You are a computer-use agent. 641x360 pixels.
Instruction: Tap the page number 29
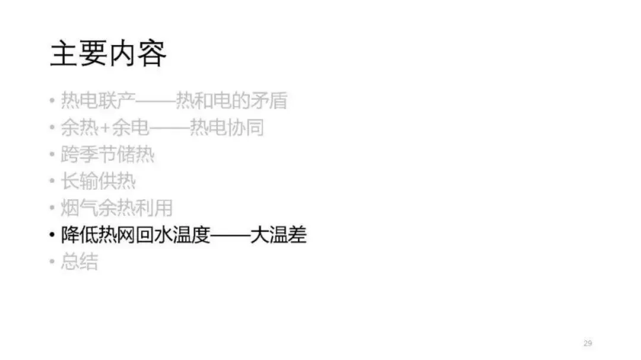point(588,343)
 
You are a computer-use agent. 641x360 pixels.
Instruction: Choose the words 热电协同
point(226,128)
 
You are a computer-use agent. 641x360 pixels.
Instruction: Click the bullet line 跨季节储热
point(107,155)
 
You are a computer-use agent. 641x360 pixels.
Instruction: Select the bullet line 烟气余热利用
point(117,208)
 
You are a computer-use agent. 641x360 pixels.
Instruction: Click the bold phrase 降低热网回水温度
point(136,235)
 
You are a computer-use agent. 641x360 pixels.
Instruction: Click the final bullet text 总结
point(80,262)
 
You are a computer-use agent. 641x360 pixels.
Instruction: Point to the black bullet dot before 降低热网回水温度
point(52,236)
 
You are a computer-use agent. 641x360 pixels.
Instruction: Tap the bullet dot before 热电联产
point(52,101)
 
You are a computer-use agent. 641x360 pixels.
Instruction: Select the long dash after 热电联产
point(156,101)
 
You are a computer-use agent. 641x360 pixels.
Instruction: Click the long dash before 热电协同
point(169,128)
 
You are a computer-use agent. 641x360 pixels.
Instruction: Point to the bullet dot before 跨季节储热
point(52,155)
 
